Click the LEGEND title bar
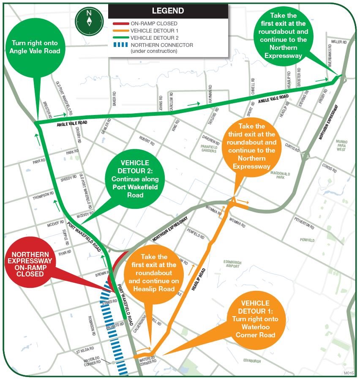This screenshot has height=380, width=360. [x=168, y=11]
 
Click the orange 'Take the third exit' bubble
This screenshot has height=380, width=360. [x=251, y=146]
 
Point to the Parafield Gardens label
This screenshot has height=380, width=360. [x=209, y=148]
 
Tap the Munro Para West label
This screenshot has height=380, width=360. [x=341, y=145]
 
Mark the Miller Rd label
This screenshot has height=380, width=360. [x=339, y=42]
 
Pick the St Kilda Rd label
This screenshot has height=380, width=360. [x=84, y=351]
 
